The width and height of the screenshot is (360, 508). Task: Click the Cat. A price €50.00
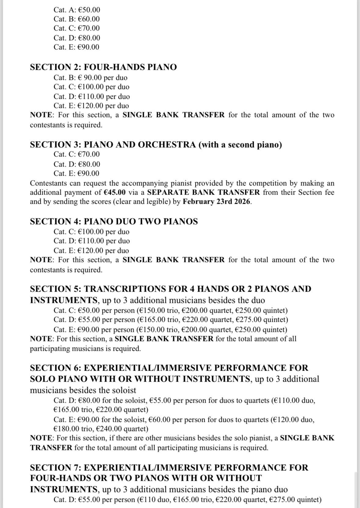tap(89, 10)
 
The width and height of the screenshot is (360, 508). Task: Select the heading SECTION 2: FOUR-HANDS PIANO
tap(103, 67)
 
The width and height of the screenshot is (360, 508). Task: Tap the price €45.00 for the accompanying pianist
tap(115, 193)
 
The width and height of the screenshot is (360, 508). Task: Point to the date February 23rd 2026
tap(216, 202)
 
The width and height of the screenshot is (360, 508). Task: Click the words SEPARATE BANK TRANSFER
tap(204, 193)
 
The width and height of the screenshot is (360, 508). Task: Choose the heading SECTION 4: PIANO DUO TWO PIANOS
tap(114, 222)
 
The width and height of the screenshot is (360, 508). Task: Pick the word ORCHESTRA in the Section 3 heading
tap(167, 145)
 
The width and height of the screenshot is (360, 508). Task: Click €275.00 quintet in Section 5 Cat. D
tap(268, 320)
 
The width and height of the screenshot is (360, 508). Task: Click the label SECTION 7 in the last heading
tap(55, 468)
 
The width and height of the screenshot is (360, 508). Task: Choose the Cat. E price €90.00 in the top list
tap(89, 47)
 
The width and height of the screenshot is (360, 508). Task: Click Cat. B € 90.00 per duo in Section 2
tap(90, 77)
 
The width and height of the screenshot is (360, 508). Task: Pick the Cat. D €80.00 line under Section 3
tap(77, 164)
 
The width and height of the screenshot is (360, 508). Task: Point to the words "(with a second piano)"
tap(240, 145)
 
